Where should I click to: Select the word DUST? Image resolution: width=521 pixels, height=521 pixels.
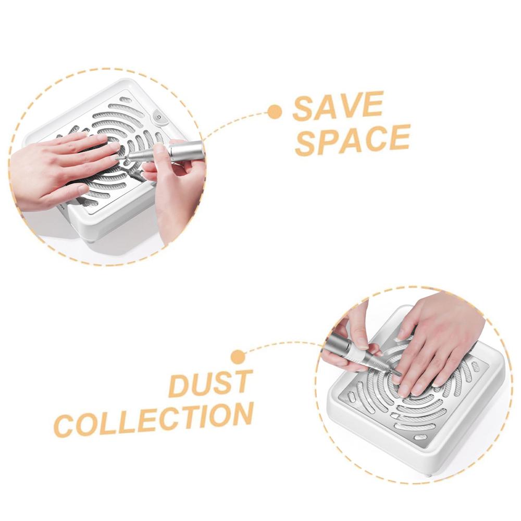click(211, 384)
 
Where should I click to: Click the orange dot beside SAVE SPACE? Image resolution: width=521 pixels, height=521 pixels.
click(274, 111)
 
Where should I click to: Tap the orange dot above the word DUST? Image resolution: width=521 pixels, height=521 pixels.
click(238, 357)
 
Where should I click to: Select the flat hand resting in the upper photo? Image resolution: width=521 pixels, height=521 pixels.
click(57, 169)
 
